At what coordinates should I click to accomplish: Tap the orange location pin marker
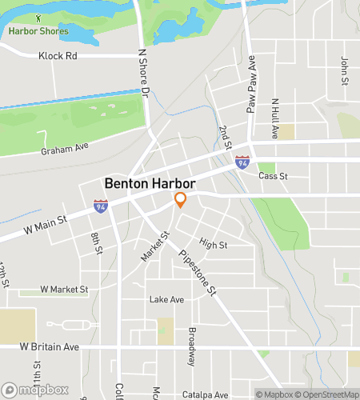pyautogui.click(x=181, y=199)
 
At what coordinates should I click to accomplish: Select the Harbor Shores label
pyautogui.click(x=38, y=32)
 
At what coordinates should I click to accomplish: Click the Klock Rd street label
pyautogui.click(x=58, y=56)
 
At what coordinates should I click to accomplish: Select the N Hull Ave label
pyautogui.click(x=274, y=119)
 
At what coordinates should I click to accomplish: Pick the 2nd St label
pyautogui.click(x=226, y=138)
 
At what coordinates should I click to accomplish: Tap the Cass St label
pyautogui.click(x=272, y=176)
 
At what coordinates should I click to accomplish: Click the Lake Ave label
pyautogui.click(x=166, y=299)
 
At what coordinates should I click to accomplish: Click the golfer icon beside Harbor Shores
pyautogui.click(x=38, y=17)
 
